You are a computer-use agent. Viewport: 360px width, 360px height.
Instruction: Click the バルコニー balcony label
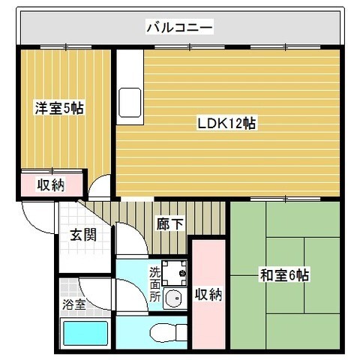[x=179, y=27]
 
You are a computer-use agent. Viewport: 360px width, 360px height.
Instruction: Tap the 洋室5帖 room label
[x=59, y=108]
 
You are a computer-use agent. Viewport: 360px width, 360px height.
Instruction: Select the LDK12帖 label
[x=226, y=123]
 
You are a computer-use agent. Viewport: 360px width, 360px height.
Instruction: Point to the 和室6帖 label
[x=284, y=274]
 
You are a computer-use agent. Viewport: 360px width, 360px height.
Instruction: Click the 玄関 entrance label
[x=83, y=235]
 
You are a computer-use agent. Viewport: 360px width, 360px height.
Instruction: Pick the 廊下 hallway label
[x=170, y=223]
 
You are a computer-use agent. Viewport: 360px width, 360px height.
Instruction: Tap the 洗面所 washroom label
[x=155, y=284]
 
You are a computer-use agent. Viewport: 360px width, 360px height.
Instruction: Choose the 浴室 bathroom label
[x=74, y=304]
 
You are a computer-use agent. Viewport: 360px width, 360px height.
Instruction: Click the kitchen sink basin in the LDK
[x=130, y=103]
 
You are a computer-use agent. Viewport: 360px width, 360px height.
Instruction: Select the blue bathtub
[x=85, y=333]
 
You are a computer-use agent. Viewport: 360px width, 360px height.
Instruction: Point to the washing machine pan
[x=174, y=273]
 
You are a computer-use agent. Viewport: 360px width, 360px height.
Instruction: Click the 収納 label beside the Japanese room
[x=208, y=294]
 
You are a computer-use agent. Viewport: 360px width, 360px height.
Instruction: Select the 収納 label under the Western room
[x=51, y=184]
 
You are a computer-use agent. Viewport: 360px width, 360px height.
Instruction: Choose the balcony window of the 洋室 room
[x=66, y=46]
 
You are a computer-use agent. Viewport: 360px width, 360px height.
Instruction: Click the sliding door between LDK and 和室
[x=286, y=199]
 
